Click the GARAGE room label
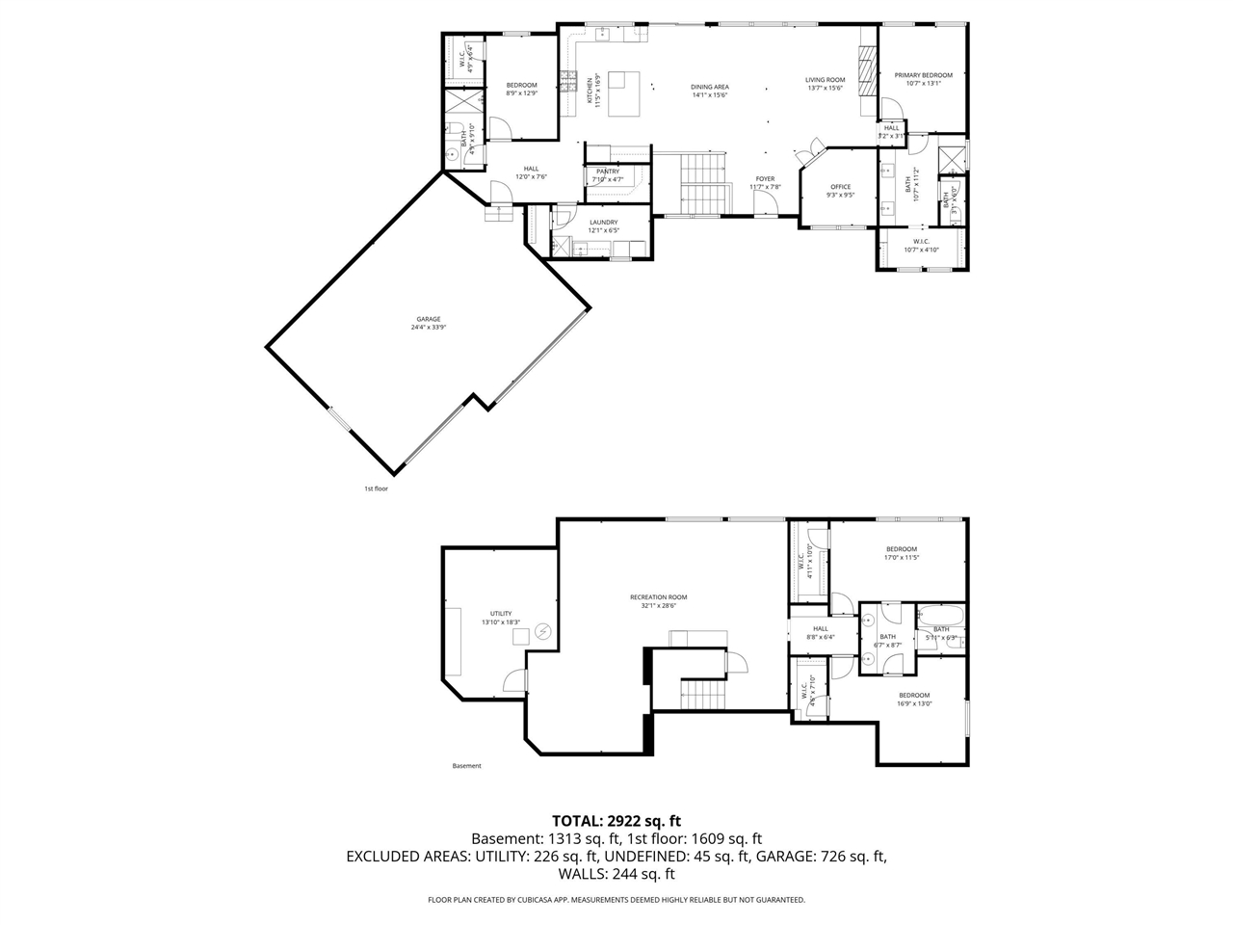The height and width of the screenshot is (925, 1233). coord(429,319)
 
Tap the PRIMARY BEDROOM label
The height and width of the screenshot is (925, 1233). coord(923,75)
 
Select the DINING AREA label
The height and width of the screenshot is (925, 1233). coord(709,87)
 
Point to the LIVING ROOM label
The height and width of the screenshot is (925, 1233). coord(826,80)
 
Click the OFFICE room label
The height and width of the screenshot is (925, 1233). coord(840,187)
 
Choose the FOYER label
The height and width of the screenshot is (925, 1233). coord(765,179)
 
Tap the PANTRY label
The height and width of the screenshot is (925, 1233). coord(608,172)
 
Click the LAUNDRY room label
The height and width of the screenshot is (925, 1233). coord(603,223)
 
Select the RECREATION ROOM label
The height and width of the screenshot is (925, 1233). coord(659,597)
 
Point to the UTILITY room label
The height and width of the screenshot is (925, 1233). coord(500,614)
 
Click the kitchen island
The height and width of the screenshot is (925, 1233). coord(625,92)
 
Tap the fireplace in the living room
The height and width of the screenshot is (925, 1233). coord(868,71)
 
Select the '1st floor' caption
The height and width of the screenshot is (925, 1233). coord(376,489)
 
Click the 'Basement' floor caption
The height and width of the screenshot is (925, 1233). coord(466,766)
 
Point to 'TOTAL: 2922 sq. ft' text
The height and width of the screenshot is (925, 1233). coord(616,821)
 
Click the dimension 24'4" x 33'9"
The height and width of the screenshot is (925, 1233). coord(429,327)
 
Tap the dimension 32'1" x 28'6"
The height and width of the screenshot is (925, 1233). coord(659,605)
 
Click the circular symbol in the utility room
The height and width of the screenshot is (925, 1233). coord(541,631)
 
